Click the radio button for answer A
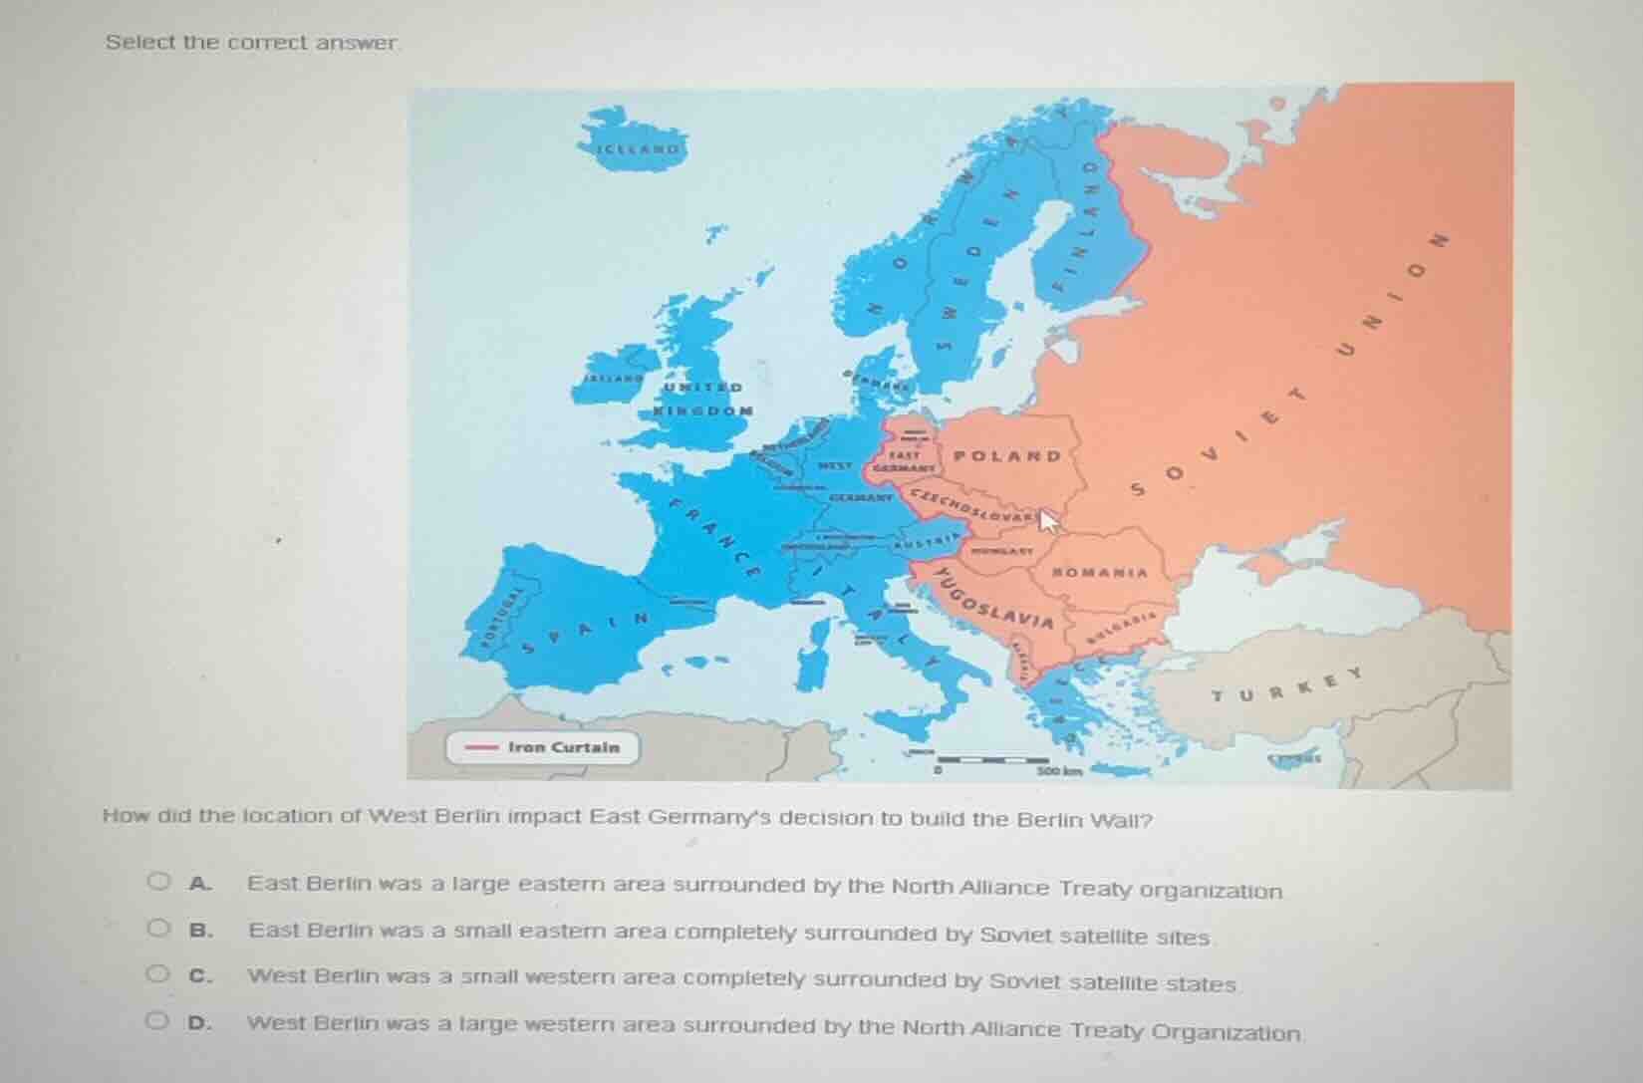(158, 882)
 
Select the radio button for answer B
(158, 929)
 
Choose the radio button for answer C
(158, 974)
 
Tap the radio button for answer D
(158, 1021)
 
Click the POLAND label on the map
(1007, 456)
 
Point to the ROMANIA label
(1100, 573)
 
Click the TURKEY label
(1285, 686)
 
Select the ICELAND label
(639, 149)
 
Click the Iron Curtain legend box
(542, 747)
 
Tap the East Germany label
(904, 459)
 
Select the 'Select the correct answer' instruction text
(252, 43)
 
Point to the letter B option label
(201, 930)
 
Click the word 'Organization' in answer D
(1226, 1032)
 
